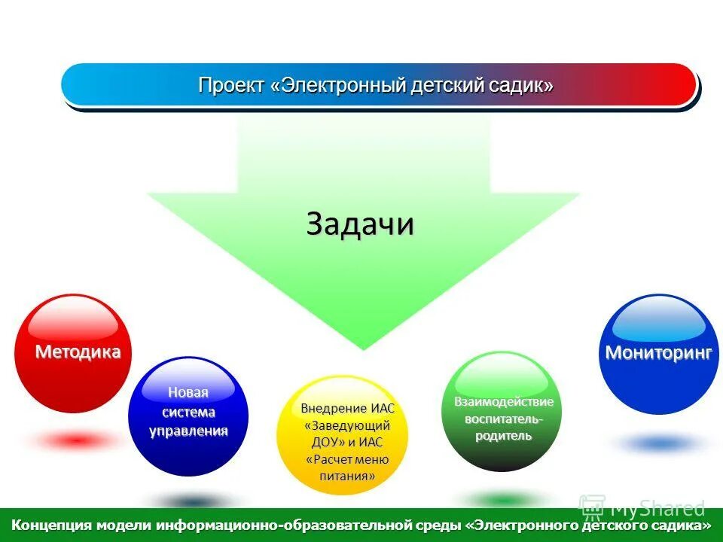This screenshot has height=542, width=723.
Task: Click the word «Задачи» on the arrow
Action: click(x=360, y=224)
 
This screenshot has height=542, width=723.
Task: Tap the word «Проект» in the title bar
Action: click(x=231, y=86)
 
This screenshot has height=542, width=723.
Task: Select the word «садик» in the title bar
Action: click(x=522, y=86)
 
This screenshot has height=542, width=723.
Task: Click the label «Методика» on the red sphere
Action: click(x=78, y=352)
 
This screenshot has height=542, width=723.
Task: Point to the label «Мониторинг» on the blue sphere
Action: click(x=659, y=353)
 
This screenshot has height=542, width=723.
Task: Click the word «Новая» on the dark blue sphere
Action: click(x=188, y=392)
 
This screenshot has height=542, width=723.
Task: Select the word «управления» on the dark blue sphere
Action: click(x=188, y=431)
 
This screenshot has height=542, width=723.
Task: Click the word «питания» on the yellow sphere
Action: click(x=347, y=476)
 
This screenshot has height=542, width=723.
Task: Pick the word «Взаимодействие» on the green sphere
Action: click(x=503, y=401)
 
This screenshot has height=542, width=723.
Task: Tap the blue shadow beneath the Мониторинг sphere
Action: click(x=659, y=443)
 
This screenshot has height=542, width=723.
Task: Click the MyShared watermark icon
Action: click(x=592, y=507)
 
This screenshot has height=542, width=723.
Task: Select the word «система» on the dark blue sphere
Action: click(x=188, y=412)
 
